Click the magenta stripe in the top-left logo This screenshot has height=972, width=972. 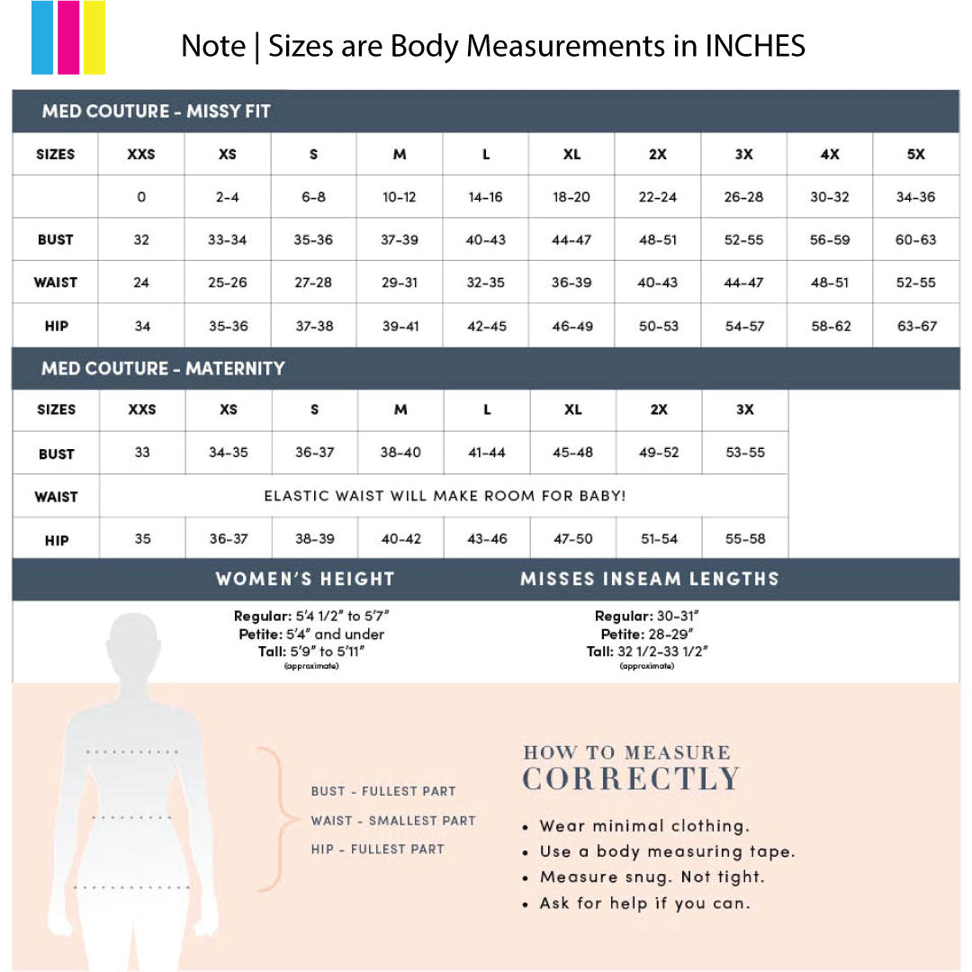pyautogui.click(x=68, y=38)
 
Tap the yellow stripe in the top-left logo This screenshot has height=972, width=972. pyautogui.click(x=94, y=38)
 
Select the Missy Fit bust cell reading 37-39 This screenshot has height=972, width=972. pyautogui.click(x=400, y=240)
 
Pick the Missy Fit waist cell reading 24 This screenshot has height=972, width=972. pyautogui.click(x=141, y=283)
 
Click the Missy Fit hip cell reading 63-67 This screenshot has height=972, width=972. pyautogui.click(x=916, y=326)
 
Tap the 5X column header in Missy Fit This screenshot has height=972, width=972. pyautogui.click(x=916, y=154)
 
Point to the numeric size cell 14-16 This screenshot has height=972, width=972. pyautogui.click(x=486, y=197)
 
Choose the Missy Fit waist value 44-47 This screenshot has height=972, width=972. pyautogui.click(x=744, y=283)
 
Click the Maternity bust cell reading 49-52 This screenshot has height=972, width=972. pyautogui.click(x=659, y=453)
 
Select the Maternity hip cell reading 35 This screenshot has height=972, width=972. pyautogui.click(x=142, y=539)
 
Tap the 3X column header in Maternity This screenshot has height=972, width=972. pyautogui.click(x=745, y=409)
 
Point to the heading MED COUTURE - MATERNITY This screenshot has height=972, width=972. pyautogui.click(x=163, y=368)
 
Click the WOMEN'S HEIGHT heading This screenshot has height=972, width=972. pyautogui.click(x=305, y=579)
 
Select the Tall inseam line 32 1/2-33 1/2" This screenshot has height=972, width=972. pyautogui.click(x=647, y=652)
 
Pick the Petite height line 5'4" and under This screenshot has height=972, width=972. pyautogui.click(x=310, y=634)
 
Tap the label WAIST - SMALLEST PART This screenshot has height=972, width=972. pyautogui.click(x=393, y=821)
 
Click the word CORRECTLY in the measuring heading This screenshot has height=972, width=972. pyautogui.click(x=631, y=779)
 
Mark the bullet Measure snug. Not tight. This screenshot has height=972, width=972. pyautogui.click(x=652, y=877)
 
